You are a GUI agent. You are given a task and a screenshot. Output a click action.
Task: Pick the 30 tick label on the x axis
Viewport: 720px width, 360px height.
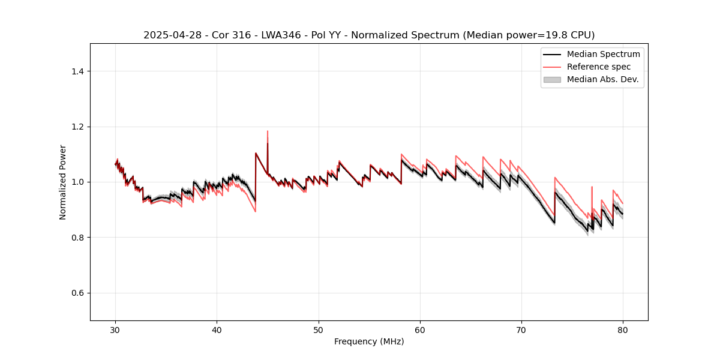[x=116, y=330]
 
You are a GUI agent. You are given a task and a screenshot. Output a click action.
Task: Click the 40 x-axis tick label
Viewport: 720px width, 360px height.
[x=217, y=330]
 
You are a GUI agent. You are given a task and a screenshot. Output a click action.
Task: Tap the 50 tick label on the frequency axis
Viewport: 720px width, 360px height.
[x=319, y=330]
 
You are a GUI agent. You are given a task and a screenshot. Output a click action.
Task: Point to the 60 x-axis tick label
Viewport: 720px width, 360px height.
[x=420, y=330]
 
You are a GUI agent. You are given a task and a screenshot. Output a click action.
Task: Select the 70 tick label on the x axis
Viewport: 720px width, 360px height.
[x=521, y=330]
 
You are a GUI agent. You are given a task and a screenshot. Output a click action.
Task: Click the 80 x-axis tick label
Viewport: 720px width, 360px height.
[x=623, y=330]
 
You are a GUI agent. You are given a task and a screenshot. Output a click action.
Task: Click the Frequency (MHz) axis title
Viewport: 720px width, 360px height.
[x=369, y=341]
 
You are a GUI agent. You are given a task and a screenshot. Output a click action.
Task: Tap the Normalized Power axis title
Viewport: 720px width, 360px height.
[x=63, y=182]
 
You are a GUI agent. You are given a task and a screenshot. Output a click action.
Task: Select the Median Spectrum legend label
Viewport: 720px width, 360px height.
[x=603, y=54]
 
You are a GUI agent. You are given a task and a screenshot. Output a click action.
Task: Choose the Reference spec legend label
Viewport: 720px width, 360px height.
[x=599, y=67]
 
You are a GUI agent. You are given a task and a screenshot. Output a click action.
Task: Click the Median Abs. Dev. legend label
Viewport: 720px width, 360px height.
[x=603, y=79]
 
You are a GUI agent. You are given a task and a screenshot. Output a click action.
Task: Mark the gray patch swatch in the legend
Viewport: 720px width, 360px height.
[x=552, y=79]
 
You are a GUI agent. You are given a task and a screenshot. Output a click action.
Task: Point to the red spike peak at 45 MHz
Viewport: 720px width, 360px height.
[x=268, y=131]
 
